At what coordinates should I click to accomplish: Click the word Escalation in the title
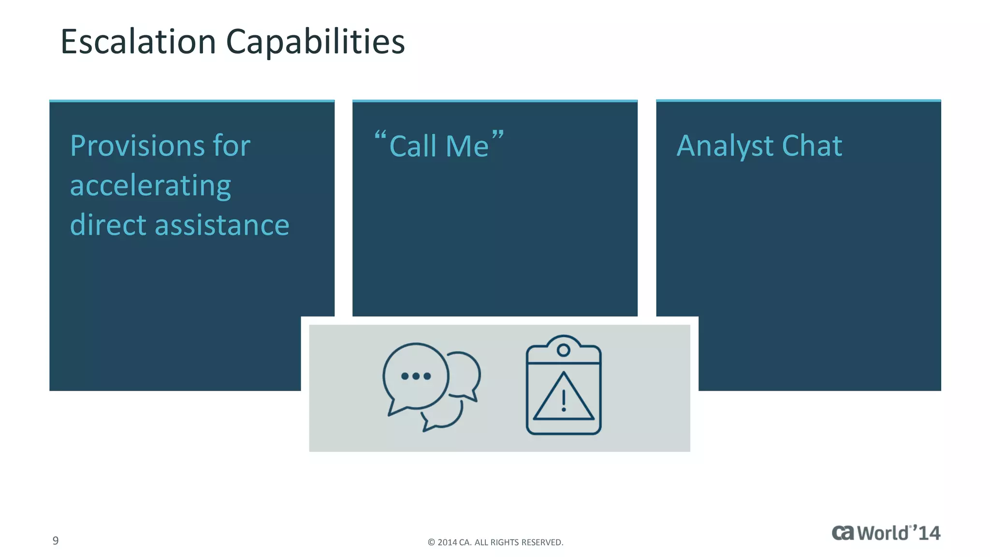138,42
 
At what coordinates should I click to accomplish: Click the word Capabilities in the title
315,42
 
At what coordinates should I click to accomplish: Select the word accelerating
150,186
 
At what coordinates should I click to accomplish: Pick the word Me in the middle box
467,146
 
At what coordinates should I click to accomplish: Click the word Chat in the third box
812,146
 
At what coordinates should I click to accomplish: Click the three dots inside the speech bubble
416,376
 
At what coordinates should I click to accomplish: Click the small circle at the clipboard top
563,350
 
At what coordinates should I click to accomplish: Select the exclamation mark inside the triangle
564,401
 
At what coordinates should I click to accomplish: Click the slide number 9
56,541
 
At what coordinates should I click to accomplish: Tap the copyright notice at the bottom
495,542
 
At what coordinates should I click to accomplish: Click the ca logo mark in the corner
843,533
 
